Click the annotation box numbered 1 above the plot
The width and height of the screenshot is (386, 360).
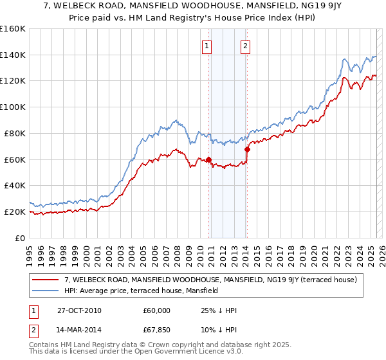pos(207,45)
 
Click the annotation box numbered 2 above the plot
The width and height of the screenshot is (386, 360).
pos(246,45)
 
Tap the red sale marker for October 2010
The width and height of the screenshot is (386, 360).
pos(208,159)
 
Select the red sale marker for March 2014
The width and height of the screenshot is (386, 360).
pos(247,149)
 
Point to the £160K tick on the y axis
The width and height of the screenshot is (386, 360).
pos(13,29)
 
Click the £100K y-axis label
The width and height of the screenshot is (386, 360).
pos(13,107)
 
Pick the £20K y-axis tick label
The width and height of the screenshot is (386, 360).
pos(15,212)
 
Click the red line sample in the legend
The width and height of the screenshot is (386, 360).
pos(46,280)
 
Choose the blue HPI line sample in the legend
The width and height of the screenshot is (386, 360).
pos(46,291)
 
